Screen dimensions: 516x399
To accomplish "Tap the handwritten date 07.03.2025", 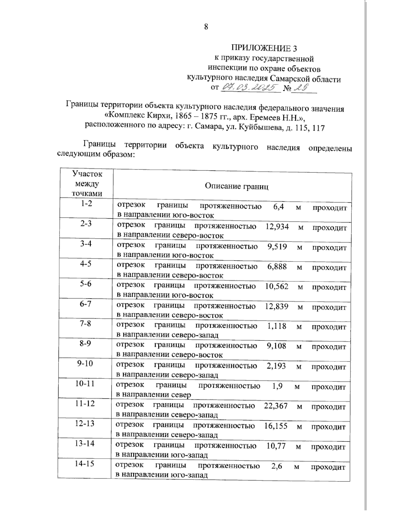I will [250, 88].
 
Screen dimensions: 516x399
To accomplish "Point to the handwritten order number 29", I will [301, 88].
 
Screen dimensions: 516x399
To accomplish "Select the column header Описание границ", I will [236, 186].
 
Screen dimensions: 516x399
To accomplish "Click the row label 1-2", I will [86, 204].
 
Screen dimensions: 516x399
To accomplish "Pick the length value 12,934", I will [277, 227].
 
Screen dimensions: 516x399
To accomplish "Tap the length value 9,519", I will [277, 247].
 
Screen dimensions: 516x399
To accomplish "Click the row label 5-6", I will [86, 283].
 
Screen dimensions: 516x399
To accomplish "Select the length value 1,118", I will [277, 326].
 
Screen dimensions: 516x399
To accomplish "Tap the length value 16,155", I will [276, 426].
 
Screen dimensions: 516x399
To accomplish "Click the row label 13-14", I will [85, 443].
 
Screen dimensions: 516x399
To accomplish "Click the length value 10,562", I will [277, 287].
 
